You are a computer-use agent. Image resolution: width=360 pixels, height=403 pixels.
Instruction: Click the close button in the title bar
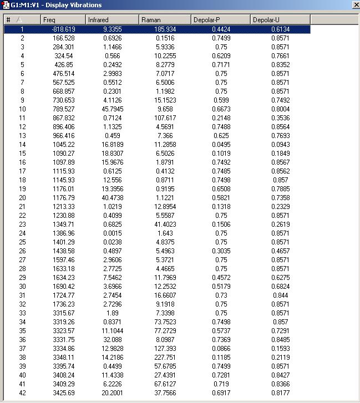(x=354, y=5)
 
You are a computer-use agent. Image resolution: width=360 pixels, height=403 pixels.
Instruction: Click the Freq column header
(x=63, y=20)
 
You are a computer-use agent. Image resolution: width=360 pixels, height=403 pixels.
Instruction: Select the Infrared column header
(x=111, y=20)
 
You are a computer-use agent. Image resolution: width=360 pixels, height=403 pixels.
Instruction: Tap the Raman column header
(x=164, y=20)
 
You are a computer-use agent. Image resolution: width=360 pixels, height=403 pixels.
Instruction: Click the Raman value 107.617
(x=166, y=118)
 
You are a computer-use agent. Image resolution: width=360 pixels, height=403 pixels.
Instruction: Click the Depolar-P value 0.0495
(x=221, y=145)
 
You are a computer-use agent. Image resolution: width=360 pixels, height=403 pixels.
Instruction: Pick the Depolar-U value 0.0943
(x=280, y=145)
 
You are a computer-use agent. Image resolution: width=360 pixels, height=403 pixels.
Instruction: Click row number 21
(x=22, y=207)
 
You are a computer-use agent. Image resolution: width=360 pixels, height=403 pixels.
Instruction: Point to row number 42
(x=22, y=393)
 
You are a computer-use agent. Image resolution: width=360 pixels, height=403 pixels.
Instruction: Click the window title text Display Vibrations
(x=69, y=5)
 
